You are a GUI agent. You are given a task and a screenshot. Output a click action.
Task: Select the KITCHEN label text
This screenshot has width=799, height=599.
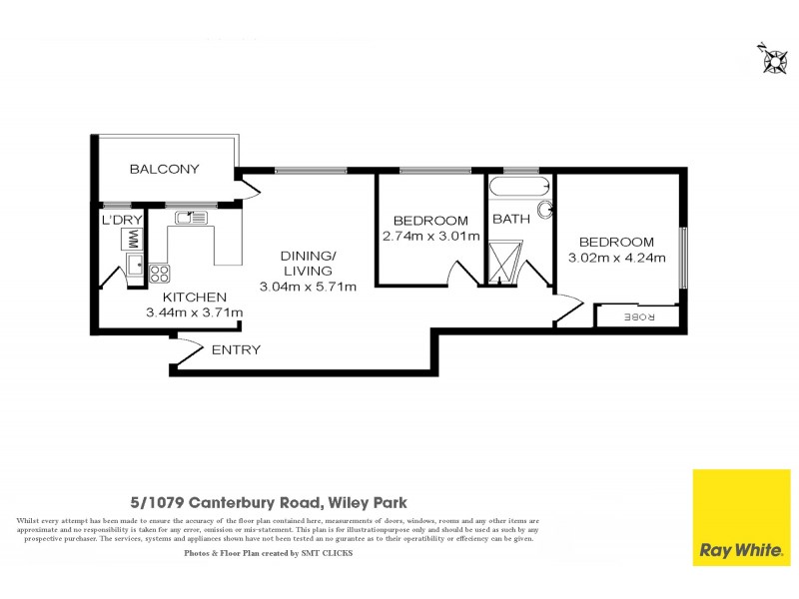click(195, 297)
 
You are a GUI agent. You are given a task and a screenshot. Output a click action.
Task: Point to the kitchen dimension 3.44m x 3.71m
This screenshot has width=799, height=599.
click(195, 312)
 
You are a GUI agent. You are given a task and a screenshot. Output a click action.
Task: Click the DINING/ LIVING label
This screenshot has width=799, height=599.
click(308, 263)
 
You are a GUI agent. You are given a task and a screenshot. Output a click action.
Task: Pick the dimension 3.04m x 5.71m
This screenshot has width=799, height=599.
click(308, 288)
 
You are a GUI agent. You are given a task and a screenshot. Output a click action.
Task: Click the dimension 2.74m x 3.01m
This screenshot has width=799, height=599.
click(430, 237)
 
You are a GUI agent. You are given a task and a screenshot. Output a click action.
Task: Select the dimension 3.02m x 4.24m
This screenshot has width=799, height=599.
click(616, 258)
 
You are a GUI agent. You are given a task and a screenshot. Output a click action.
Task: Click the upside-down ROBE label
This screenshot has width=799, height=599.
click(638, 317)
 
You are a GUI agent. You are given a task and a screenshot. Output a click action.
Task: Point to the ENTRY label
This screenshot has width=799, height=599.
click(237, 349)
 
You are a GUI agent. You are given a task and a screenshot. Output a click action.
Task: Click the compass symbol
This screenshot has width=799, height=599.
click(772, 60)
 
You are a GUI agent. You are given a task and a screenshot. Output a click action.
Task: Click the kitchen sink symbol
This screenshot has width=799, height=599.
click(190, 217)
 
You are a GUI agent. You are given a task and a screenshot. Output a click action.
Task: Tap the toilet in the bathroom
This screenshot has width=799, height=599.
click(545, 210)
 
